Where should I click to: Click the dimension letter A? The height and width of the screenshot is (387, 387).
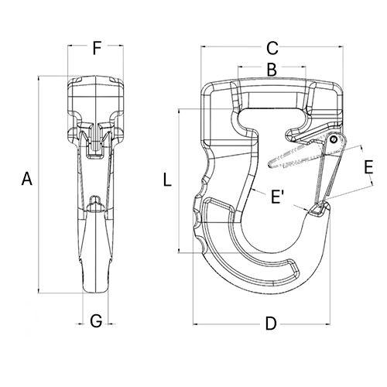[27, 179]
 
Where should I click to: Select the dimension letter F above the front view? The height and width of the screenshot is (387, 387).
[97, 48]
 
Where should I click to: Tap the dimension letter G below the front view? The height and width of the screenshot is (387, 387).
[96, 321]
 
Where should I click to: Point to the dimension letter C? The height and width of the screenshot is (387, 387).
[272, 48]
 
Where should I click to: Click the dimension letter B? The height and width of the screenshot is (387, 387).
[272, 69]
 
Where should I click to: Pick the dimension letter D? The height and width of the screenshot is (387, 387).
[271, 324]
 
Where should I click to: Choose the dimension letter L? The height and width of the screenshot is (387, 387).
[167, 180]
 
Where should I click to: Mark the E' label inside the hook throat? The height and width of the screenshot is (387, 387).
[277, 197]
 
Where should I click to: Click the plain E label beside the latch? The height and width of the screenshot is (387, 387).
[368, 167]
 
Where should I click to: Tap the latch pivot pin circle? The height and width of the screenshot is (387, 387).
[334, 139]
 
